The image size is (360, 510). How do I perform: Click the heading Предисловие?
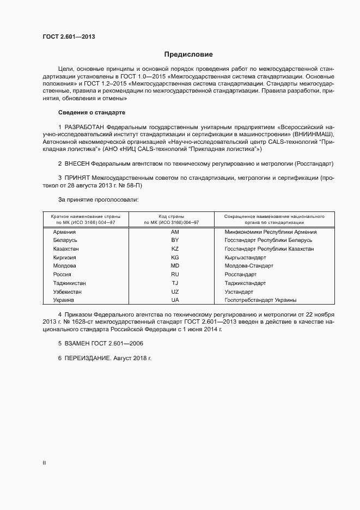tap(188, 54)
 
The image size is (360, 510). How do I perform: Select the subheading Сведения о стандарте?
tap(91, 112)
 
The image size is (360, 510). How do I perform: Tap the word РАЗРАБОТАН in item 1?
tap(86, 127)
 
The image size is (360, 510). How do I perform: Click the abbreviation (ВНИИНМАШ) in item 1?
tap(309, 134)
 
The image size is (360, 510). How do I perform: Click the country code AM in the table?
tap(175, 232)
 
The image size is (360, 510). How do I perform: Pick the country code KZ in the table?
tap(175, 248)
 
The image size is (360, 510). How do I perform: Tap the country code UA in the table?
tap(175, 300)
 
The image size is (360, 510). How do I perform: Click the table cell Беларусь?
tap(65, 240)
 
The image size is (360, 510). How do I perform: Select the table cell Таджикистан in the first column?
tap(69, 283)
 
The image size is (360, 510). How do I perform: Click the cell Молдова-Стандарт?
tap(248, 266)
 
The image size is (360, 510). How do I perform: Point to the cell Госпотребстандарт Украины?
tap(260, 300)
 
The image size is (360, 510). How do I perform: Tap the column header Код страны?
tap(170, 216)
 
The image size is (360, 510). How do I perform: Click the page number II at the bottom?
tap(44, 463)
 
